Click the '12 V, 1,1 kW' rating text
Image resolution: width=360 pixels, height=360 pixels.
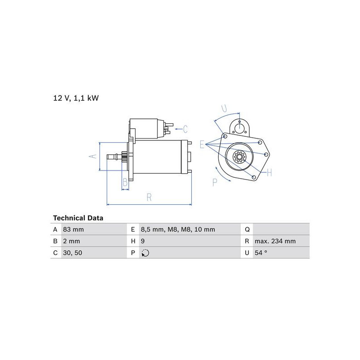pos(76,98)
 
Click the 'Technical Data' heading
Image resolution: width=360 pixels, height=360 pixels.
pos(78,218)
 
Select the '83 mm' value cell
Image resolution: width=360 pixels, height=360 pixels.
pos(73,229)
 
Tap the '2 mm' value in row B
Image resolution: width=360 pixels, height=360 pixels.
pos(72,241)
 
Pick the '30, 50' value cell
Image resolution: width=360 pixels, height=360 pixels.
pos(72,253)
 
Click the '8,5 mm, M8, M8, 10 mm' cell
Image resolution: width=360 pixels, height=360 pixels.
pos(178,229)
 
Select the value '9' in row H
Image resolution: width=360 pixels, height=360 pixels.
pos(143,241)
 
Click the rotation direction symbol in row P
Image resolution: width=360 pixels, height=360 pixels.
pos(145,253)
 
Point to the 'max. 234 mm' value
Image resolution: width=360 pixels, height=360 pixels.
pos(275,241)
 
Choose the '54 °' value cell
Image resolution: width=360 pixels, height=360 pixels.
pos(261,253)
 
